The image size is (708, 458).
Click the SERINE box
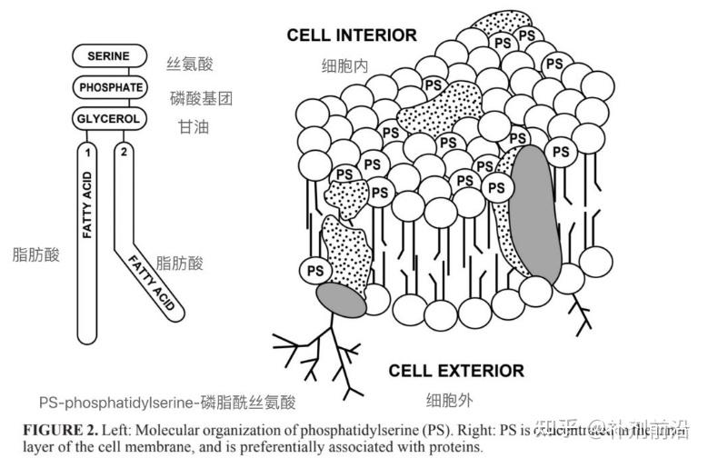pos(108,56)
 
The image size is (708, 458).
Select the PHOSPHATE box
pos(110,87)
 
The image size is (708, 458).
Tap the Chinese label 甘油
pos(194,127)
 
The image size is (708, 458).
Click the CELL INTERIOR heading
pos(352,35)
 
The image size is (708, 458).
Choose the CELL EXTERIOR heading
pos(456,371)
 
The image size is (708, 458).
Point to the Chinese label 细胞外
pos(449,400)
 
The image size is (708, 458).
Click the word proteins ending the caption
pos(453,445)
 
